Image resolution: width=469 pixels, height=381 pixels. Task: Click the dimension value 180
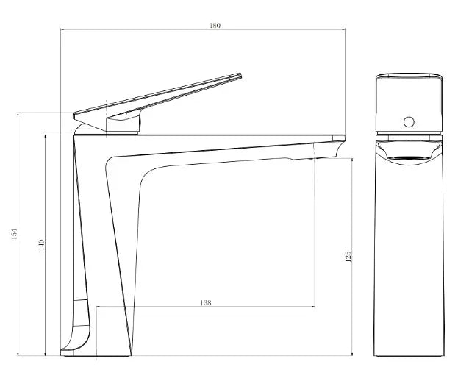(x=215, y=25)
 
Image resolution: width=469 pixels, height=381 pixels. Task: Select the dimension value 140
(x=41, y=243)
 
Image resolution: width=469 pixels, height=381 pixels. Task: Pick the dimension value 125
(x=348, y=256)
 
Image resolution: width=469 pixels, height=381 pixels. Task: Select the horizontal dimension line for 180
(x=147, y=30)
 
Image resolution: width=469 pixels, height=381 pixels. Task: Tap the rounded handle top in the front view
(x=409, y=76)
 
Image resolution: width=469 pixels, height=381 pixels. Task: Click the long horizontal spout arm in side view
(x=221, y=143)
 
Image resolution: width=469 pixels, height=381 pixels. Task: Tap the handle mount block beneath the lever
(x=122, y=124)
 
